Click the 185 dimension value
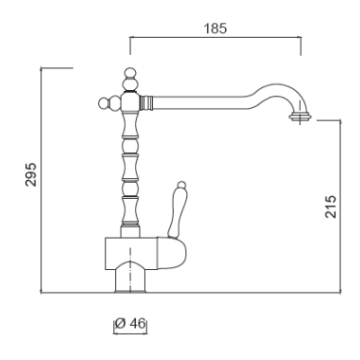click(x=215, y=29)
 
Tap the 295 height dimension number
click(x=31, y=175)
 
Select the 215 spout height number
click(x=331, y=206)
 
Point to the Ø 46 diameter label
click(x=130, y=324)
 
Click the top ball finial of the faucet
click(x=130, y=73)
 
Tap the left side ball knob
click(x=103, y=103)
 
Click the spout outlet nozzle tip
click(x=300, y=117)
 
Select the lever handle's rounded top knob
click(x=182, y=184)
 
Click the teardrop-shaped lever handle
click(x=177, y=210)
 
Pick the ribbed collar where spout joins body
click(x=147, y=103)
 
